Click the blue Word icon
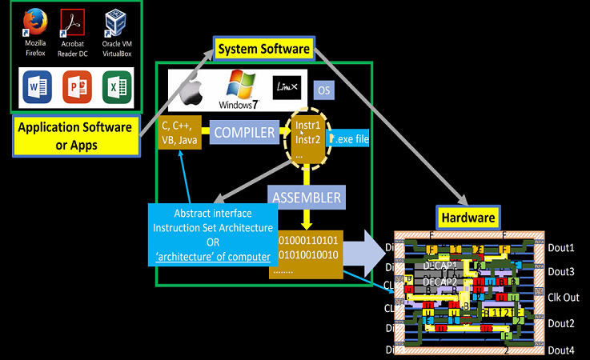35,86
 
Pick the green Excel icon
117,86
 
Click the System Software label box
263,50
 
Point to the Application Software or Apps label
74,136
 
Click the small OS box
324,90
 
